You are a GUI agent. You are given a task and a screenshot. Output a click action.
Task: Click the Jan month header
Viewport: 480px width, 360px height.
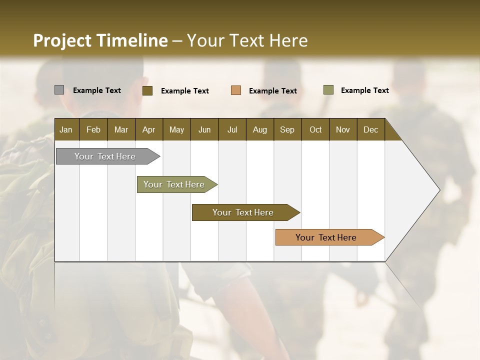click(66, 129)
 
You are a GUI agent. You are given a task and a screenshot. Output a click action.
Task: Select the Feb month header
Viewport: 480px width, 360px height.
click(93, 129)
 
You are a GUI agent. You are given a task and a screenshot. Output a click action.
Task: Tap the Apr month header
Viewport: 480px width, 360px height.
click(148, 129)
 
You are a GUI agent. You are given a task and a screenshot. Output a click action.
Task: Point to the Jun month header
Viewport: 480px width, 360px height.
click(204, 129)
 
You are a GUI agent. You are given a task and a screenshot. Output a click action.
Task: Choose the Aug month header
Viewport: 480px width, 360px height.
click(259, 129)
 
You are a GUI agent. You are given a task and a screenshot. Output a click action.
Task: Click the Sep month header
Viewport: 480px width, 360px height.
click(287, 129)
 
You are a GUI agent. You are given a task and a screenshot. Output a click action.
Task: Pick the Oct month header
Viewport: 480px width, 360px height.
click(315, 129)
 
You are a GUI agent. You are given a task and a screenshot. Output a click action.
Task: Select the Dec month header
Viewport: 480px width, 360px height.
click(370, 129)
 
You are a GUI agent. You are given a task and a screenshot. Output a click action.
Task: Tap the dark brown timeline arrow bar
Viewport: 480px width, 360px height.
click(243, 212)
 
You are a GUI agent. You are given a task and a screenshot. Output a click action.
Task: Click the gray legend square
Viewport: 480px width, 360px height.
click(59, 90)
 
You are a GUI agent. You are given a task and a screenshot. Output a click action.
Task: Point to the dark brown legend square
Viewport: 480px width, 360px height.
click(147, 90)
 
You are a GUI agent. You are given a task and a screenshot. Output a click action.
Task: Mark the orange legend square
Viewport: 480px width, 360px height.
click(236, 90)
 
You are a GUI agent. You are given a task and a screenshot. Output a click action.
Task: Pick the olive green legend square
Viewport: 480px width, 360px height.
click(328, 90)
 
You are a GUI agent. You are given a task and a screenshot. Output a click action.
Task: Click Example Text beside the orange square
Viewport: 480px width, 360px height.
click(273, 91)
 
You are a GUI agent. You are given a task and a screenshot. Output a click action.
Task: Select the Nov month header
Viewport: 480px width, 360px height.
click(343, 129)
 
